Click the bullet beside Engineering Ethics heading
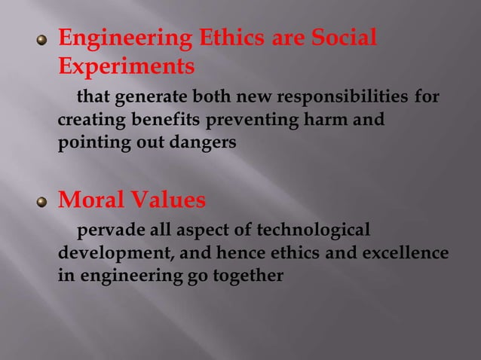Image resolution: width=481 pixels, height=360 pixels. coord(43,41)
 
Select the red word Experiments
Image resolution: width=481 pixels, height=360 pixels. coord(126,67)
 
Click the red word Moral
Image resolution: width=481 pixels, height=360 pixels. coord(91,201)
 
